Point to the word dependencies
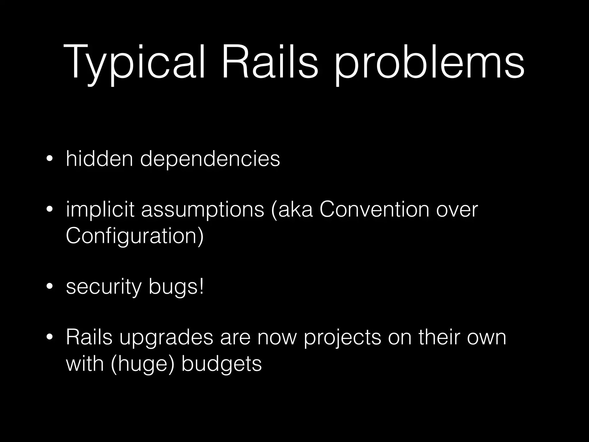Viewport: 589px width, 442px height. (210, 159)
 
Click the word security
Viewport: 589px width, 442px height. (104, 287)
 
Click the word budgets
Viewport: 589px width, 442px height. (222, 364)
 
